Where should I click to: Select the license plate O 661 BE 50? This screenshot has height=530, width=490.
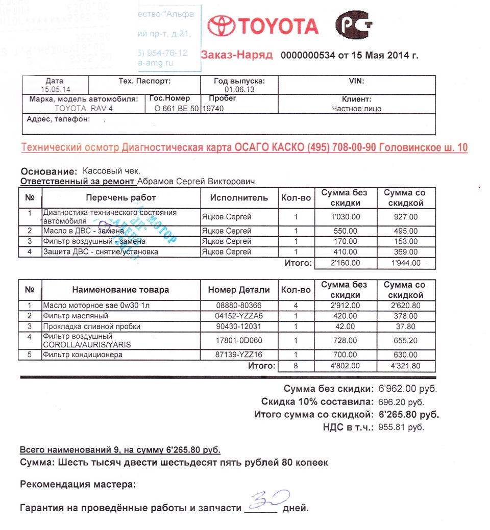coord(174,109)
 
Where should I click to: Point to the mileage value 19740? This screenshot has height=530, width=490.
coord(213,109)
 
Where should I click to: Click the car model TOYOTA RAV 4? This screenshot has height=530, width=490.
coord(83,109)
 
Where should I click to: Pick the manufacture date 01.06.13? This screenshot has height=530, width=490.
coord(238,90)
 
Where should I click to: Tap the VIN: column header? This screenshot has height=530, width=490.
coord(356,82)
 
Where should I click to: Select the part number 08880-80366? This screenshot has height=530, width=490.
coord(238,306)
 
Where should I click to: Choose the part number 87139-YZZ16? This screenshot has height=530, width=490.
coord(238,355)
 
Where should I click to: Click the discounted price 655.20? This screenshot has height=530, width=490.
coord(405,340)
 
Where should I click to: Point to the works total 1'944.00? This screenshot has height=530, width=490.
coord(405,263)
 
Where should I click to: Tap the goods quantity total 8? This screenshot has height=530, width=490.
coord(296,366)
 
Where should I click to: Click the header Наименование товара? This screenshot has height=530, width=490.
coord(120,290)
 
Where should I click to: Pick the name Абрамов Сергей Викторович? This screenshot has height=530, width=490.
coord(196,182)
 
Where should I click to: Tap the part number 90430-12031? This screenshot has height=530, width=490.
coord(238,326)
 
